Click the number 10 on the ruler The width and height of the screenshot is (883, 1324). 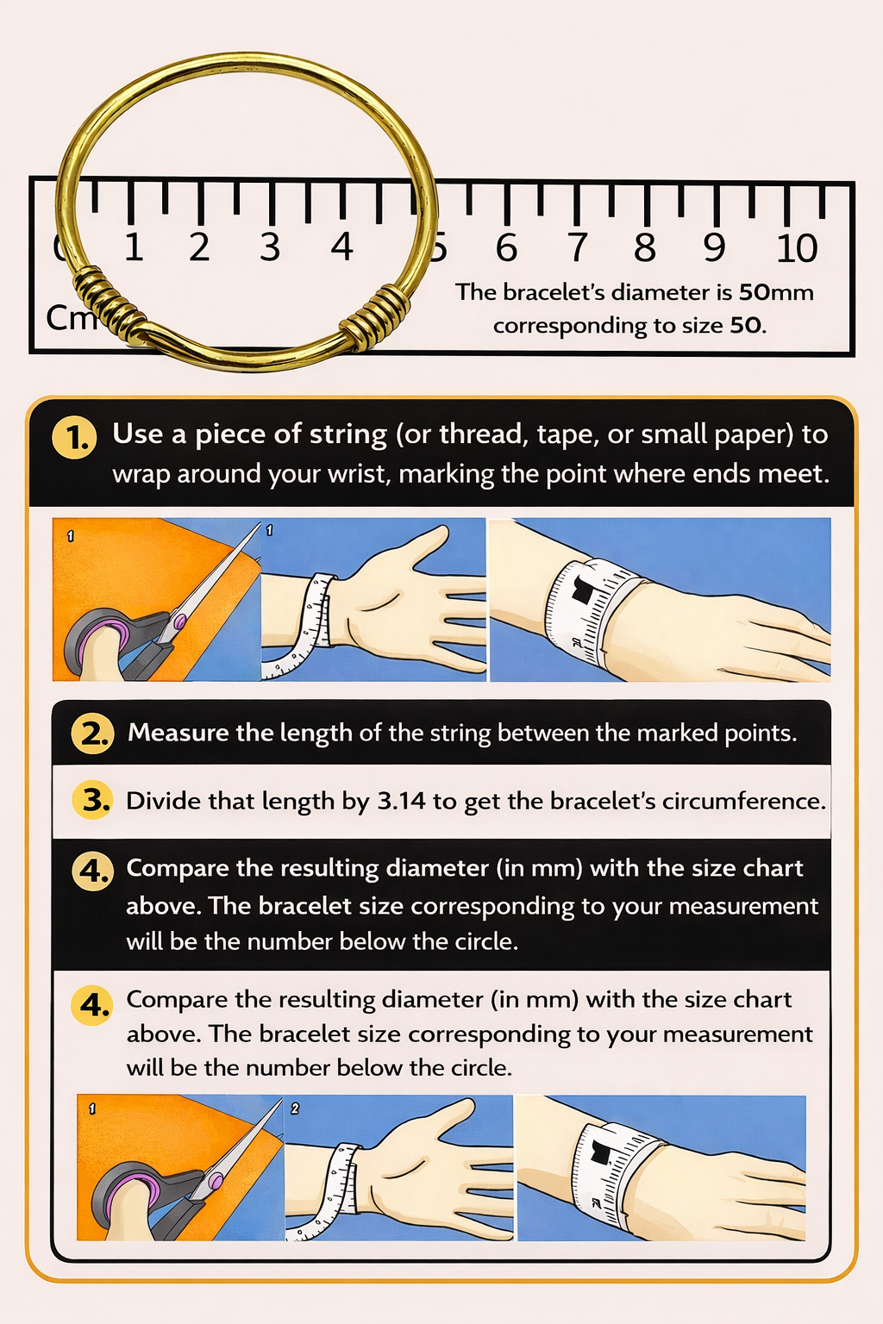pyautogui.click(x=796, y=248)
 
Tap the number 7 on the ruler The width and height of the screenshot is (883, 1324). pyautogui.click(x=577, y=248)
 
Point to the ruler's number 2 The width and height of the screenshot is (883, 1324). pyautogui.click(x=199, y=248)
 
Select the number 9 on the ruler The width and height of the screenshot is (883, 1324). pyautogui.click(x=713, y=248)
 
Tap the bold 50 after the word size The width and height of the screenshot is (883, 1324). pyautogui.click(x=747, y=326)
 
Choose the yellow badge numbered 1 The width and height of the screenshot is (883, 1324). pyautogui.click(x=76, y=438)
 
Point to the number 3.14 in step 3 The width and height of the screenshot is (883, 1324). pyautogui.click(x=401, y=802)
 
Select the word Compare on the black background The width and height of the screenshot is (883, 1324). pyautogui.click(x=178, y=868)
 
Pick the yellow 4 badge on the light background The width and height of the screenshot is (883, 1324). pyautogui.click(x=93, y=1005)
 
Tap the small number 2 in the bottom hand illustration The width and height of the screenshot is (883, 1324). pyautogui.click(x=295, y=1109)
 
